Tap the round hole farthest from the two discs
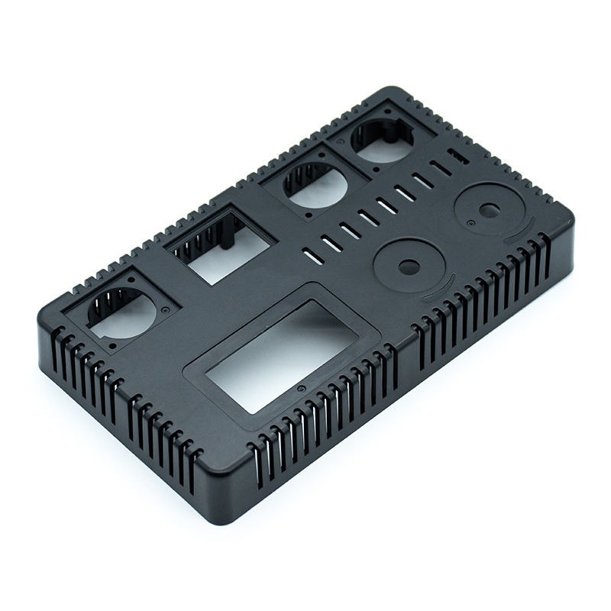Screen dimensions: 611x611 coord(122,313)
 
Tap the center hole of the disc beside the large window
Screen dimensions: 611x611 coord(409,267)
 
